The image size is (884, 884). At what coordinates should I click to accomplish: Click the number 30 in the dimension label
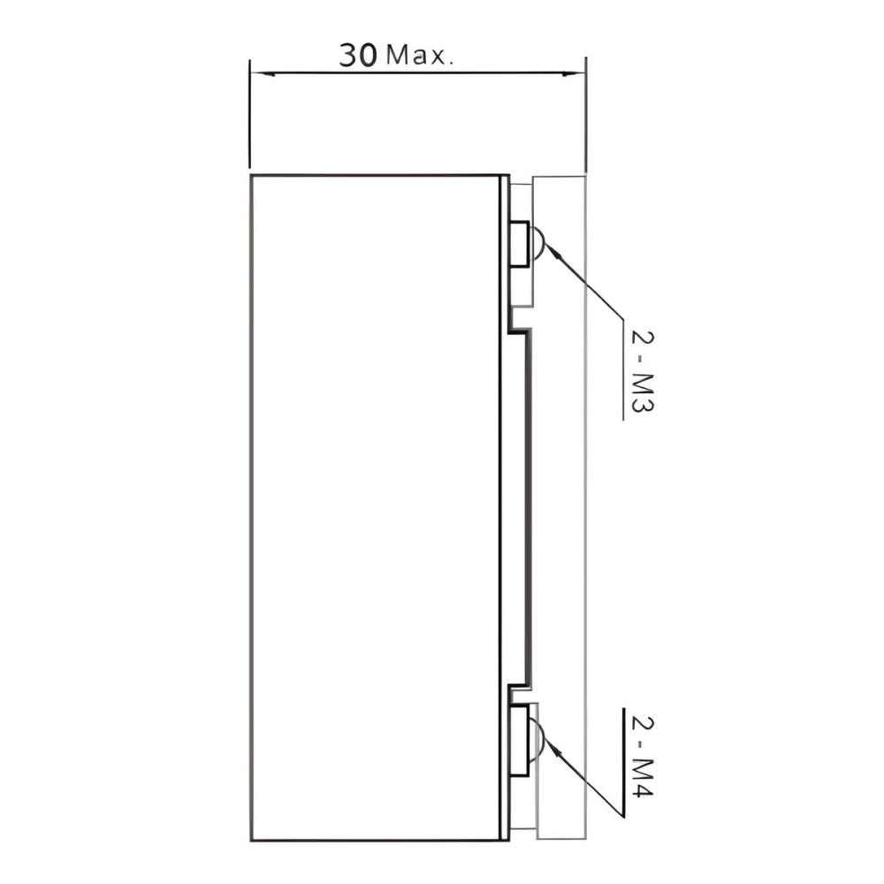pos(358,55)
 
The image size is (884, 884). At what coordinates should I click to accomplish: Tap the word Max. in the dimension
pos(420,55)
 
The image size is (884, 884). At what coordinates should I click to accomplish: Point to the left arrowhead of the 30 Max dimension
pos(263,73)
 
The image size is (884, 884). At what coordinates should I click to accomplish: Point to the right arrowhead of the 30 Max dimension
pos(573,72)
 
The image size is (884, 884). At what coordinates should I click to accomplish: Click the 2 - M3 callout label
pos(642,371)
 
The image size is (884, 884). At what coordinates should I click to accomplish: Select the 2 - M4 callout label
pos(642,757)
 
